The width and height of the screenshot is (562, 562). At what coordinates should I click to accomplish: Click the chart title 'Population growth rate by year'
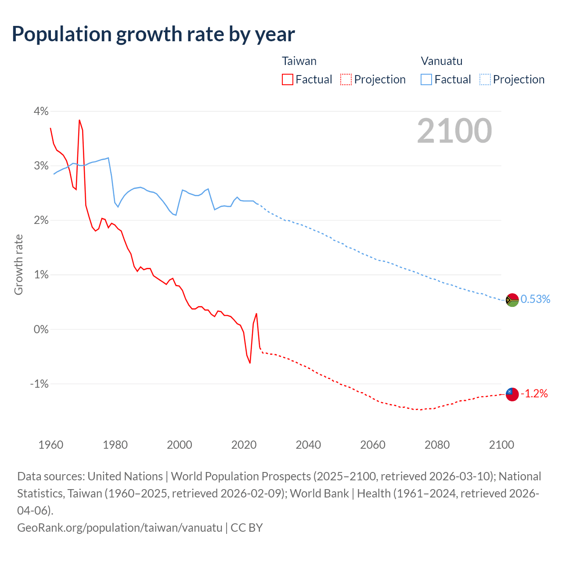[153, 34]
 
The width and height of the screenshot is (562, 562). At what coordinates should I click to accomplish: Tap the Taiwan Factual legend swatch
[287, 79]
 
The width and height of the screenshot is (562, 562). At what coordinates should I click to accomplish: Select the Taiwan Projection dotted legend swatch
[346, 79]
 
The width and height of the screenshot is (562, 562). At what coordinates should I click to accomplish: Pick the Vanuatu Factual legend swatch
[426, 79]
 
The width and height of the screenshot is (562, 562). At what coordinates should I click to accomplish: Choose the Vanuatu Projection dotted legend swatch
[485, 79]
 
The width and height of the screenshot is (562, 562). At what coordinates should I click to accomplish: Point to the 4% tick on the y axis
[41, 111]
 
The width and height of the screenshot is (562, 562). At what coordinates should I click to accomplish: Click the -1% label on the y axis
[39, 384]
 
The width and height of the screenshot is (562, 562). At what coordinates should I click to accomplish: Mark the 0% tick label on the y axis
[41, 329]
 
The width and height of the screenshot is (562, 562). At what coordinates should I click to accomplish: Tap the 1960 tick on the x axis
[51, 445]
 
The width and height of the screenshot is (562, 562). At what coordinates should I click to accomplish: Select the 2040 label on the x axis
[308, 445]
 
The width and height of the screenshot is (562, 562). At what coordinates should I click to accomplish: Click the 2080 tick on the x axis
[437, 445]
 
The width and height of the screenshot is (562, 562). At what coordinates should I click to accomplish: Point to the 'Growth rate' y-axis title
[18, 265]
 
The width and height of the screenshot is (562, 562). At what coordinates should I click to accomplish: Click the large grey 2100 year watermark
[454, 131]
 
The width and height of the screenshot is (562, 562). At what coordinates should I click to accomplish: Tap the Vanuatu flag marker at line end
[512, 300]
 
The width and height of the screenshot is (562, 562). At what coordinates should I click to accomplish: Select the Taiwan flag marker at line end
[512, 394]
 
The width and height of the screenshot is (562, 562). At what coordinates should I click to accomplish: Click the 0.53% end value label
[535, 299]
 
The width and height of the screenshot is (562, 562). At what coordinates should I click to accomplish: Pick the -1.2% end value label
[534, 394]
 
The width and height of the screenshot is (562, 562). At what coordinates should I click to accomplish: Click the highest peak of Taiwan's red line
[79, 120]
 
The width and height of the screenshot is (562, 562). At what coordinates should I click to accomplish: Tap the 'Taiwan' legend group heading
[299, 61]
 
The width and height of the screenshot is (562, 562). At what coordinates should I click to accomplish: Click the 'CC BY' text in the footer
[247, 527]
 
